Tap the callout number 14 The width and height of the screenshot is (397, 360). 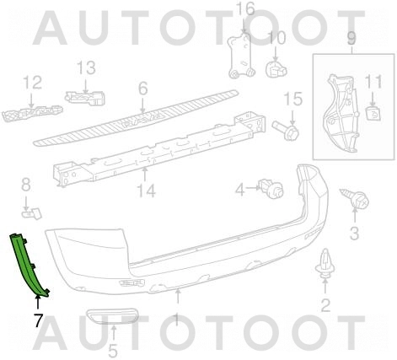coord(146,191)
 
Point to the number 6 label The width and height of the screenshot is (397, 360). coord(142,89)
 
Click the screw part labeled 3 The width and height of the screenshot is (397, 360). coord(357,198)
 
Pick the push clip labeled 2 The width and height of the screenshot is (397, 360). coord(325,264)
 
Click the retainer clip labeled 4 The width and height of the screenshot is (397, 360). coord(271,188)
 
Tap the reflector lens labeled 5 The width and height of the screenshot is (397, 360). coord(112,317)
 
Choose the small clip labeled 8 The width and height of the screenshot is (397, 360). coord(32,213)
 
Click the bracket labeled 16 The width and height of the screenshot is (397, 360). coord(241,56)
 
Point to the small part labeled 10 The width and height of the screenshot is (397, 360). coord(276,69)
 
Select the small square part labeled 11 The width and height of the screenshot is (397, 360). coord(373,113)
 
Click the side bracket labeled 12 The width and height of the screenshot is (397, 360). coord(32,113)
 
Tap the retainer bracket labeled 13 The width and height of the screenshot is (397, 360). coord(85,98)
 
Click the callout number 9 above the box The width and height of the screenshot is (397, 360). coord(351,38)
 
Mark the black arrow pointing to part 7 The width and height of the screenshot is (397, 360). coord(37,303)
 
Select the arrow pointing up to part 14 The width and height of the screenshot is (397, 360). coord(145,174)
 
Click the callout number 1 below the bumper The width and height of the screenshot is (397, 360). coord(176,320)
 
